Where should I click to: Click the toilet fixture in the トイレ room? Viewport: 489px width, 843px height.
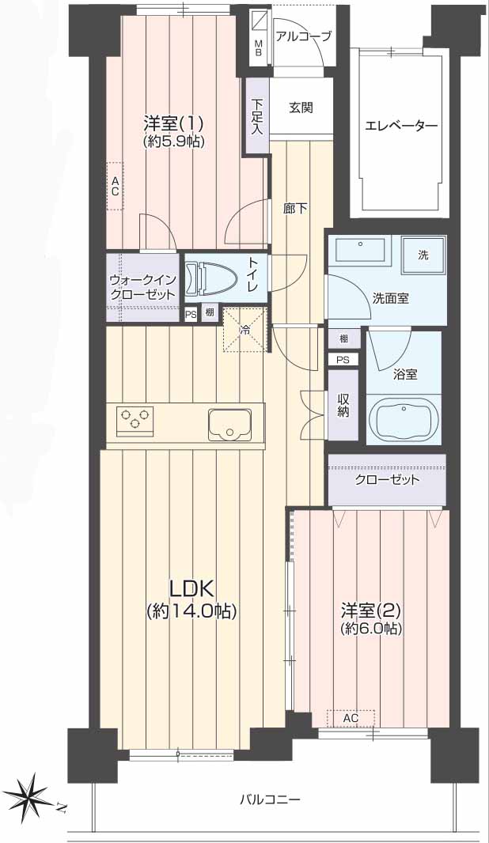(211, 278)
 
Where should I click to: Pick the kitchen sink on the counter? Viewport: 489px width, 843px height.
(229, 424)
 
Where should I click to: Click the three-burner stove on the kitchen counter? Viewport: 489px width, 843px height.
(135, 419)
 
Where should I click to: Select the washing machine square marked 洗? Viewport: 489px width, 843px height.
(423, 255)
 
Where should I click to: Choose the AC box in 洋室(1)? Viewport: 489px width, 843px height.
(115, 186)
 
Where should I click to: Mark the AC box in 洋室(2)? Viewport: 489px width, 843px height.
(351, 718)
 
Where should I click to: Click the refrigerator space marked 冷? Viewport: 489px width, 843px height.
(244, 330)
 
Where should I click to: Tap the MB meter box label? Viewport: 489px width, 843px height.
(259, 48)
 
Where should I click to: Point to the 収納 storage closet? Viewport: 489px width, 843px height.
(343, 405)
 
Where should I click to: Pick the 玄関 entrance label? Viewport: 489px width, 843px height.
(301, 107)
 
